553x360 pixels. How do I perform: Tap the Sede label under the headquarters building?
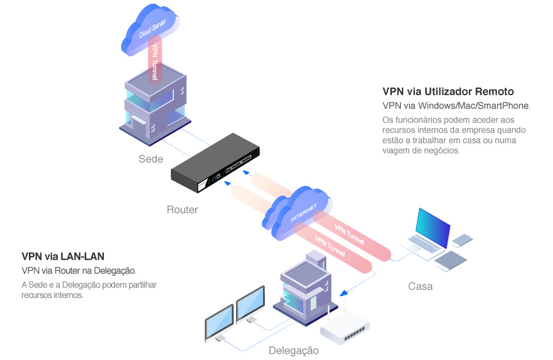point(151,159)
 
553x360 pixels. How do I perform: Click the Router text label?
point(182,210)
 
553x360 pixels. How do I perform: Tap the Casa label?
point(420,286)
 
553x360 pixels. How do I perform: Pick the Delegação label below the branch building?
point(294,351)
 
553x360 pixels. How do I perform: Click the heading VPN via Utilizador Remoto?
point(448,92)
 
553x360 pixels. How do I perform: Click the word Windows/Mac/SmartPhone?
point(482,106)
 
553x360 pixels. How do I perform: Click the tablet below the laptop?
point(452,260)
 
